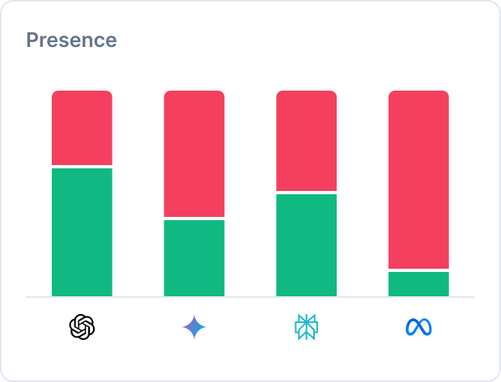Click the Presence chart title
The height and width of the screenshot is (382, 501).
coord(71,40)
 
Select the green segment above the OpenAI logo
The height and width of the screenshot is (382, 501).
coord(82,232)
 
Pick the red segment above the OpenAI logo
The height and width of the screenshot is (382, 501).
coord(82,128)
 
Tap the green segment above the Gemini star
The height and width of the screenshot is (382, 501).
coord(194,258)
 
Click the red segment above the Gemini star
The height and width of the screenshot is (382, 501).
coord(194,154)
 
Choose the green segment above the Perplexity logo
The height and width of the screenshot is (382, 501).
coord(306,245)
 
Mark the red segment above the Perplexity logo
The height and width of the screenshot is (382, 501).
coord(306,141)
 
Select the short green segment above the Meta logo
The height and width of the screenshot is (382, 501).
coord(418,284)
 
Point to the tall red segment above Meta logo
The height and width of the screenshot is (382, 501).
coord(418,179)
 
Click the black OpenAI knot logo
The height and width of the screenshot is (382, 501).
coord(82,327)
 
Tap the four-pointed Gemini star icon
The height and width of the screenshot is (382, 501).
coord(194,327)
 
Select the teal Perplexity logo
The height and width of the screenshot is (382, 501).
coord(306,327)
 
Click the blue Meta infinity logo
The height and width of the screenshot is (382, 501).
coord(418,327)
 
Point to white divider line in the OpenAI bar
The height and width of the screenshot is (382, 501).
coord(82,167)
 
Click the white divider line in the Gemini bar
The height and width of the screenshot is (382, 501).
coord(194,219)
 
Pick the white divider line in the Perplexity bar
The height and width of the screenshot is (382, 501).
coord(306,193)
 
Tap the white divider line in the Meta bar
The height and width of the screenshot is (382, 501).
coord(418,270)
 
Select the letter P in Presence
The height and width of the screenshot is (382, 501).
coord(32,40)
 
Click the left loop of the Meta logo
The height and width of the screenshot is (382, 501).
coord(411,327)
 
